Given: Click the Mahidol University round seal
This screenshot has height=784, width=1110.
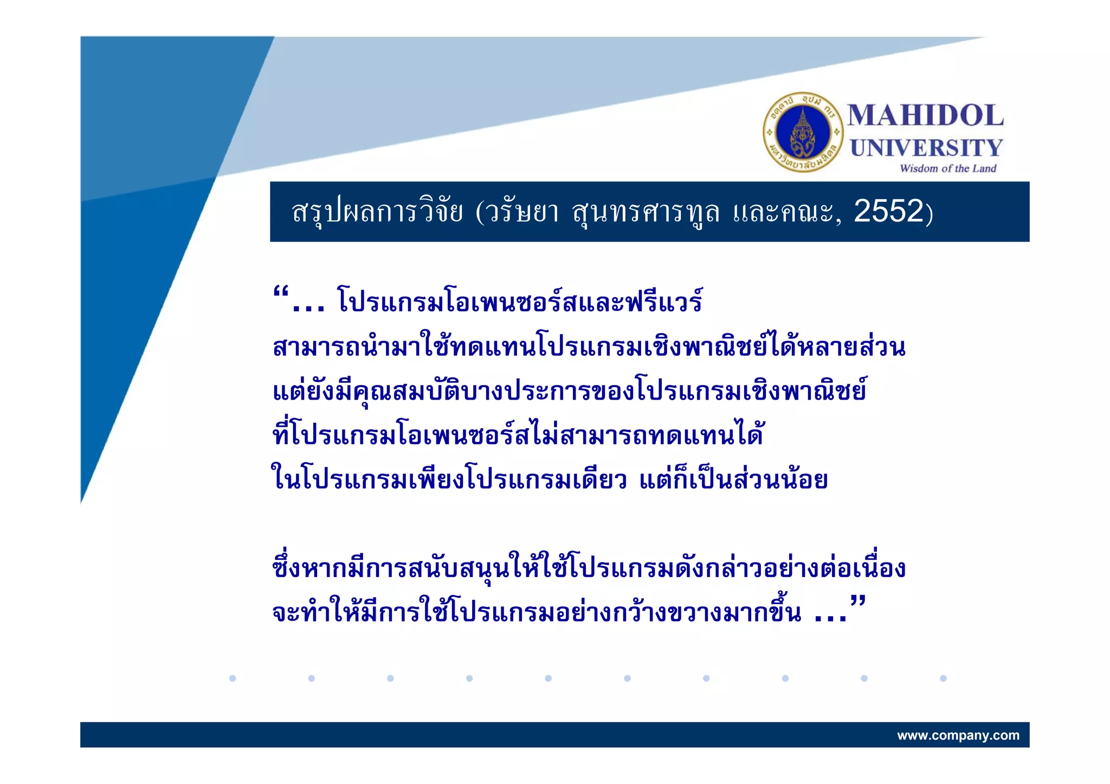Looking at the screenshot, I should pos(803,132).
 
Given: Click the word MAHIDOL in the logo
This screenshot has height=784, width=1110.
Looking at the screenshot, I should pos(925,116).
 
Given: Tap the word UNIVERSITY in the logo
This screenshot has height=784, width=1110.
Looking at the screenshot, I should pos(926,148).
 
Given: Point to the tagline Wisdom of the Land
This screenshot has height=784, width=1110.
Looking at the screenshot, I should pos(948,168).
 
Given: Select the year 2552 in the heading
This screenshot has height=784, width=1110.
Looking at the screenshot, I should pos(888,211).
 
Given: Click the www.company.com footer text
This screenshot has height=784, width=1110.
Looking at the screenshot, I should pos(958,735).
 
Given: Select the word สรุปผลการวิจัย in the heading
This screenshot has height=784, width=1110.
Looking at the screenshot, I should pos(377,212).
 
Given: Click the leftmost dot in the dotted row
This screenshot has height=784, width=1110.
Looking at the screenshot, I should pos(233,678).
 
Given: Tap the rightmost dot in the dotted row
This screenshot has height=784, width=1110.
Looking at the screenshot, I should pos(943,678).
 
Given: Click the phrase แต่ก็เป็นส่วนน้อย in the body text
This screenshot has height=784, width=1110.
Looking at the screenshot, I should pos(733,480).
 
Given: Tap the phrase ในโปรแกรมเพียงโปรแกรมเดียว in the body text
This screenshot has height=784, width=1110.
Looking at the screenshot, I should pos(449,480).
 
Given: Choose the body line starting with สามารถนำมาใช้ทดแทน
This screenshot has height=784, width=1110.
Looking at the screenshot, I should pos(589,347).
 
